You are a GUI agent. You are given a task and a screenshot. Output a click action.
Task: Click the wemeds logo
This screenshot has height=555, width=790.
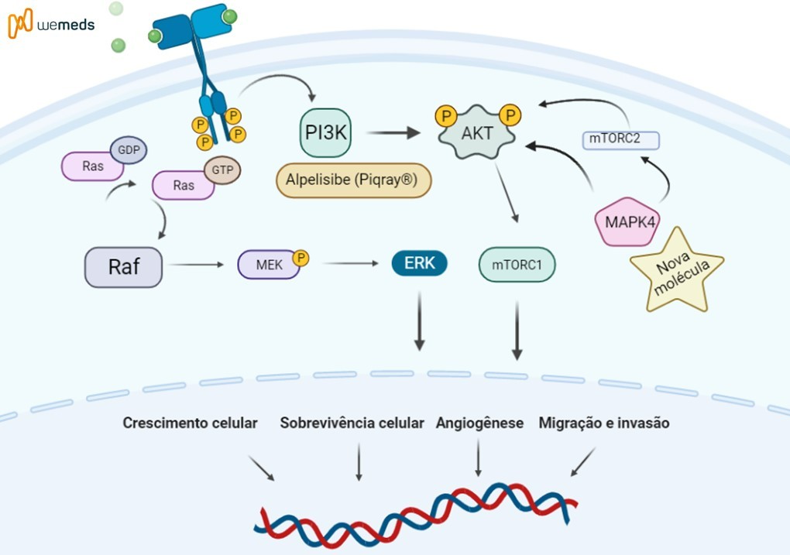(x=51, y=24)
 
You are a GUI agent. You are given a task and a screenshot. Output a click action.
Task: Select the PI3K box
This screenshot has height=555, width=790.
(x=325, y=133)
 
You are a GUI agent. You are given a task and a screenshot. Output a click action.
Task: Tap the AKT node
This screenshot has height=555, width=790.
(x=477, y=134)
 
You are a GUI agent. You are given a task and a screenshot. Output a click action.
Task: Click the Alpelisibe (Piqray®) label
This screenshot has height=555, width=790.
(x=352, y=181)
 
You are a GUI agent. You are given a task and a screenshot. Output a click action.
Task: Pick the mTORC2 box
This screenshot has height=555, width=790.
(x=620, y=140)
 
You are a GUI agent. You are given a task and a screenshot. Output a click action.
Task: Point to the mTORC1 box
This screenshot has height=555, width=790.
(x=517, y=265)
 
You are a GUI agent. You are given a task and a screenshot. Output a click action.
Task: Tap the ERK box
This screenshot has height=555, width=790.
(x=420, y=264)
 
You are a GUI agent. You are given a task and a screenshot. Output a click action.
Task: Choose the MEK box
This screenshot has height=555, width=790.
(x=265, y=265)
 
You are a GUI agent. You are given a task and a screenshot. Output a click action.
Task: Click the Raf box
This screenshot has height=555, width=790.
(x=123, y=267)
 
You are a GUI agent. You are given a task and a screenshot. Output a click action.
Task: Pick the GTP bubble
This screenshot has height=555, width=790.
(x=223, y=170)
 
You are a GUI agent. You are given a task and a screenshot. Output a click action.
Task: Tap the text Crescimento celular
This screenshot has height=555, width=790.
(x=190, y=423)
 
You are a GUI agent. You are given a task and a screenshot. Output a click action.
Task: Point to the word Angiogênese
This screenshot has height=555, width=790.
(x=479, y=423)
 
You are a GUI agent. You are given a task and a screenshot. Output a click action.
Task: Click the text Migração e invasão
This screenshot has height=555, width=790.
(x=604, y=423)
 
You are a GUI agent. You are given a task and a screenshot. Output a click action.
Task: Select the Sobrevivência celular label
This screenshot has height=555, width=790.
(x=352, y=423)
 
